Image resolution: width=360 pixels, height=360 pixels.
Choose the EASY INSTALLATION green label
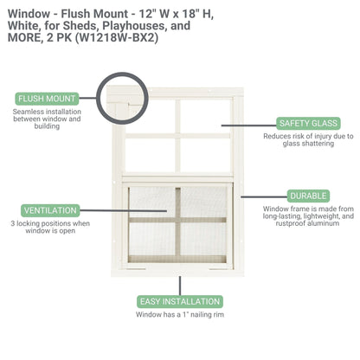(x=180, y=302)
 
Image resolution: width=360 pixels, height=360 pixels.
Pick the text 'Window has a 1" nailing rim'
(x=180, y=316)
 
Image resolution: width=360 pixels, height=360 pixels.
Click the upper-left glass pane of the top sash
(x=150, y=114)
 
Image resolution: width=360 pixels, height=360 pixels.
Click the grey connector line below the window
(x=180, y=285)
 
